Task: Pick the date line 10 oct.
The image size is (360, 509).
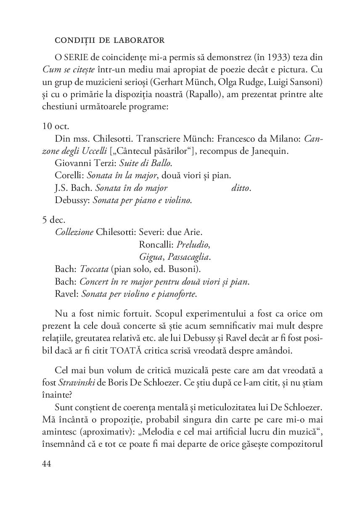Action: [56, 126]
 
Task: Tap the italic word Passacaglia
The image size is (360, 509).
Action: [188, 256]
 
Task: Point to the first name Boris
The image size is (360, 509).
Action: [130, 383]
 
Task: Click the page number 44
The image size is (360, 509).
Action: [47, 463]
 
